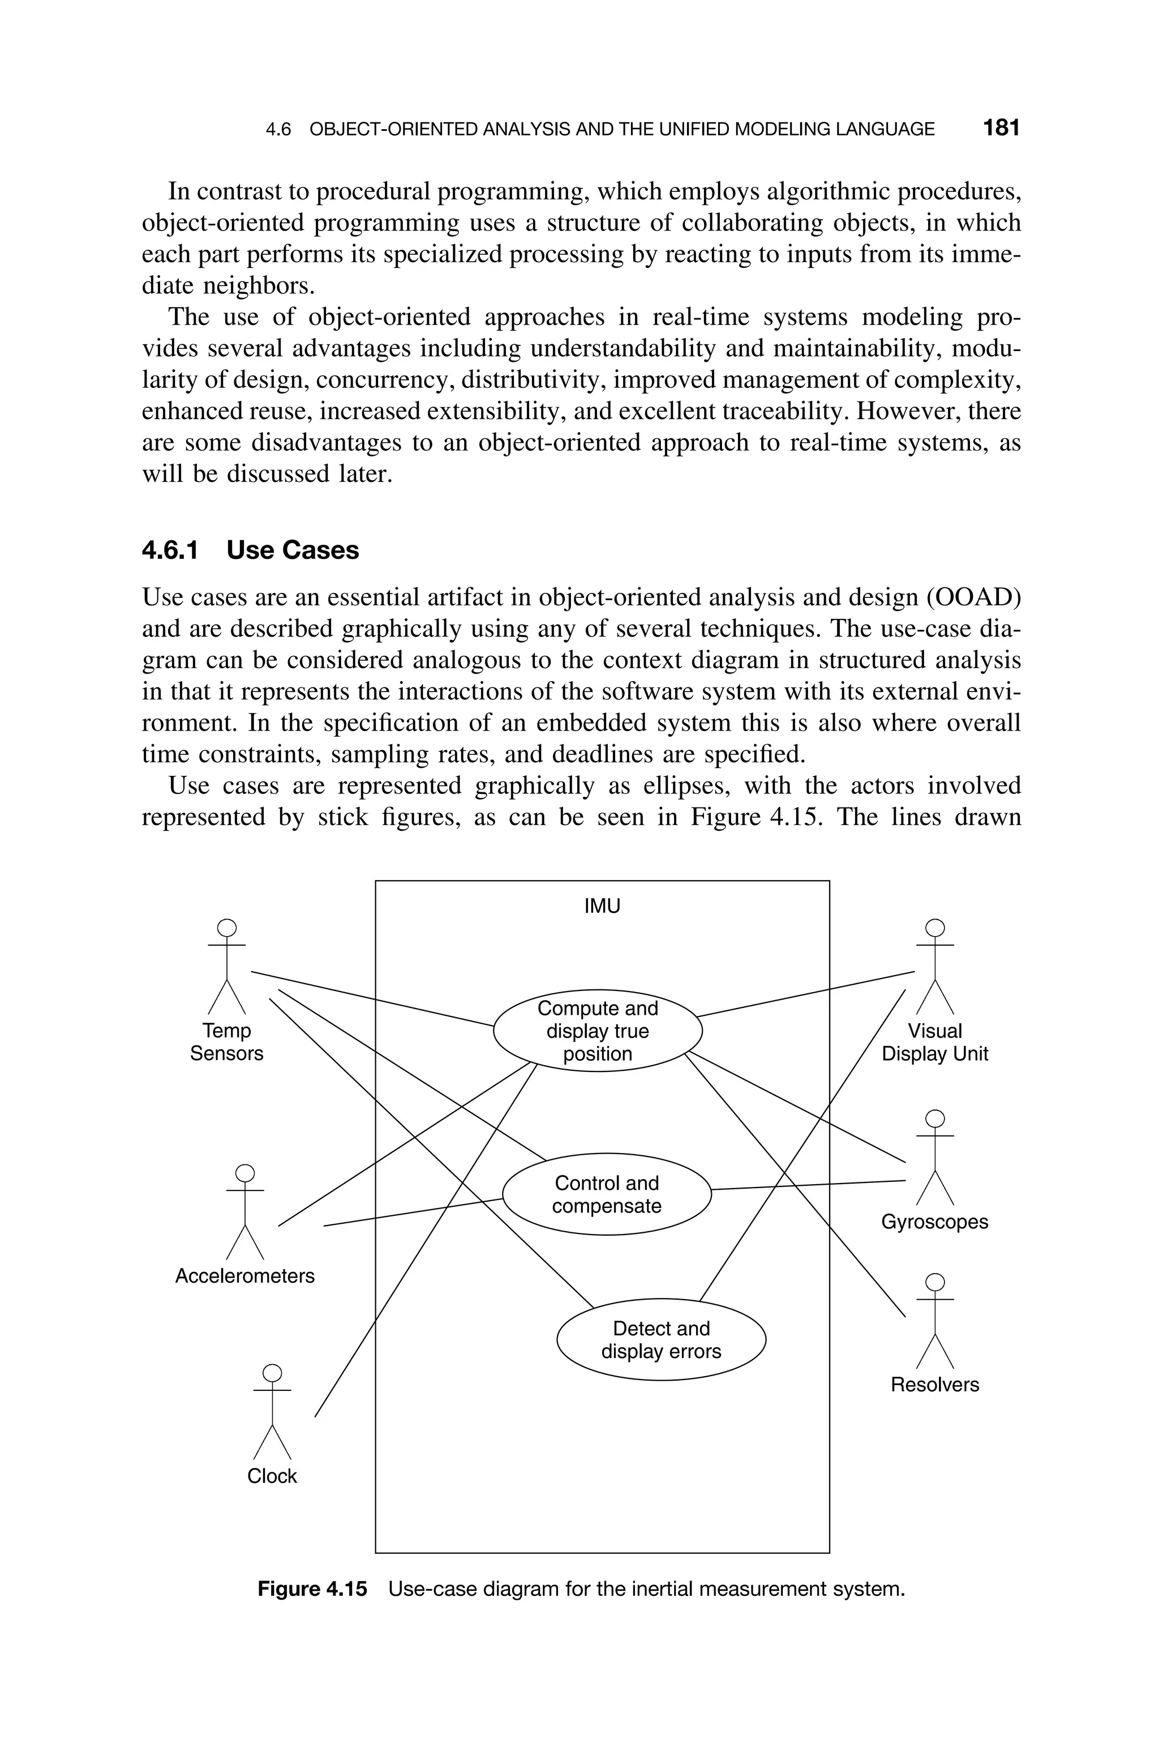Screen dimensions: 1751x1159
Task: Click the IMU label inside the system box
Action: [x=602, y=906]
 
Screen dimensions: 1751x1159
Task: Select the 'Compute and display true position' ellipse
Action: [x=597, y=1031]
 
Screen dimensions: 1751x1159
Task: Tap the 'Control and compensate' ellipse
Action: [x=606, y=1194]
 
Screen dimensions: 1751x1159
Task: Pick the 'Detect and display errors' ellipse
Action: [x=661, y=1340]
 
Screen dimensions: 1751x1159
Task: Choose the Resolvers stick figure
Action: [x=935, y=1321]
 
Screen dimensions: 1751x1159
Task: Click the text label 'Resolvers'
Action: [x=934, y=1385]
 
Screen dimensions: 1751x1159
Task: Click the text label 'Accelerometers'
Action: [x=244, y=1276]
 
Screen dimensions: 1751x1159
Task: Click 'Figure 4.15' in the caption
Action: [x=312, y=1589]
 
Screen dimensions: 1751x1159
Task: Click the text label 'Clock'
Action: [x=272, y=1476]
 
